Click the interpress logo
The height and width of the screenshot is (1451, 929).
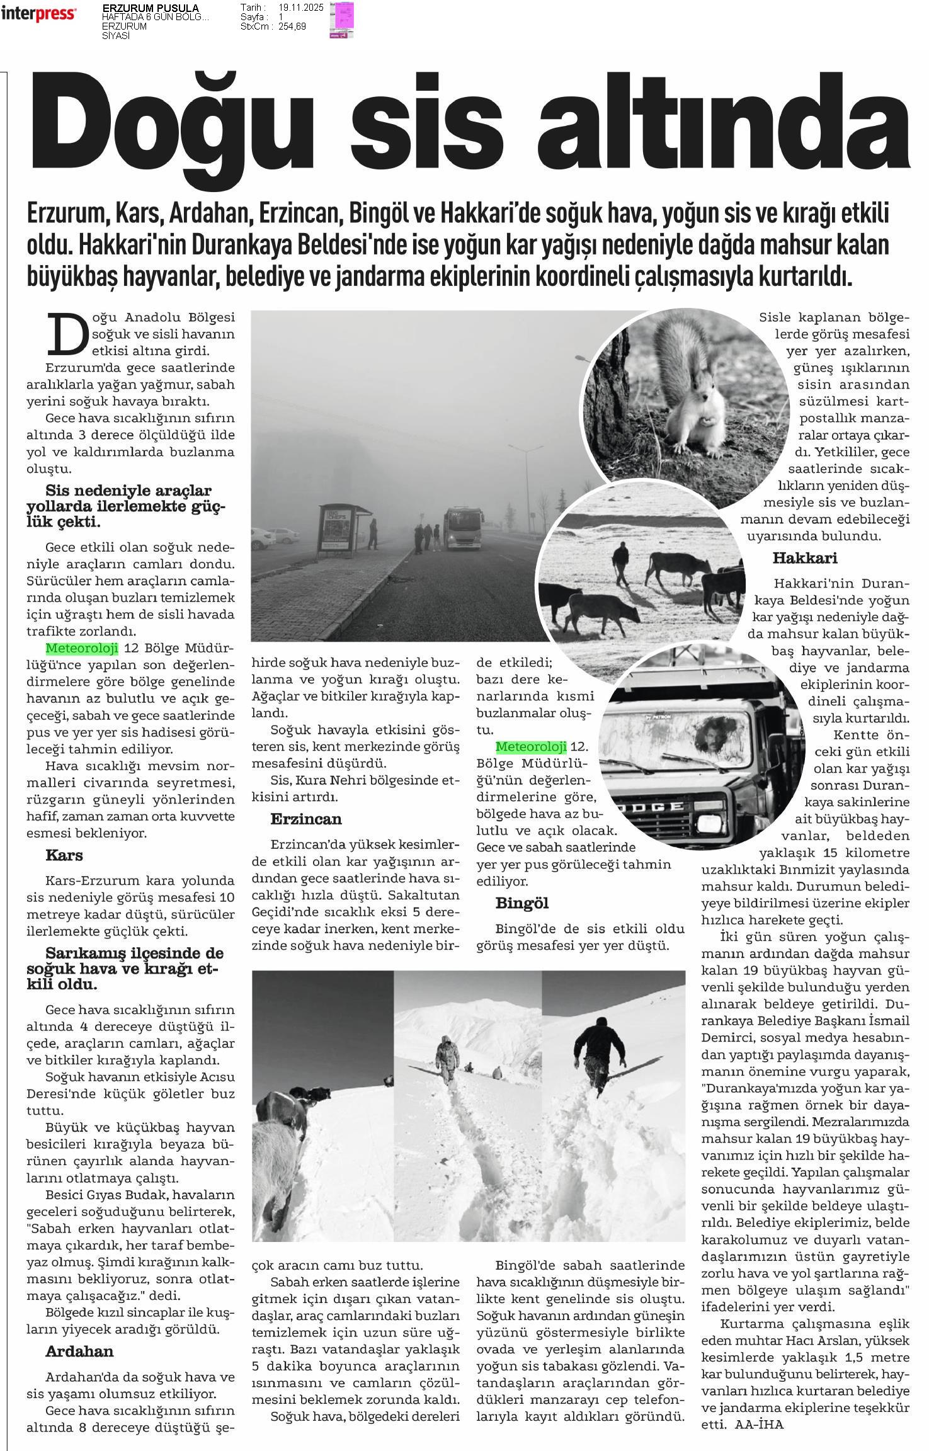click(38, 14)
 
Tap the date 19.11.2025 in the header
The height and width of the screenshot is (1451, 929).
click(301, 7)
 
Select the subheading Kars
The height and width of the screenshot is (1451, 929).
click(64, 855)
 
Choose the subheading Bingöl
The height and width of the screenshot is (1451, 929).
click(522, 903)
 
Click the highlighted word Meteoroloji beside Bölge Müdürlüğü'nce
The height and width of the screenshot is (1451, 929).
click(73, 648)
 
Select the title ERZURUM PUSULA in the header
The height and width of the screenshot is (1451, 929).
click(151, 8)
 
